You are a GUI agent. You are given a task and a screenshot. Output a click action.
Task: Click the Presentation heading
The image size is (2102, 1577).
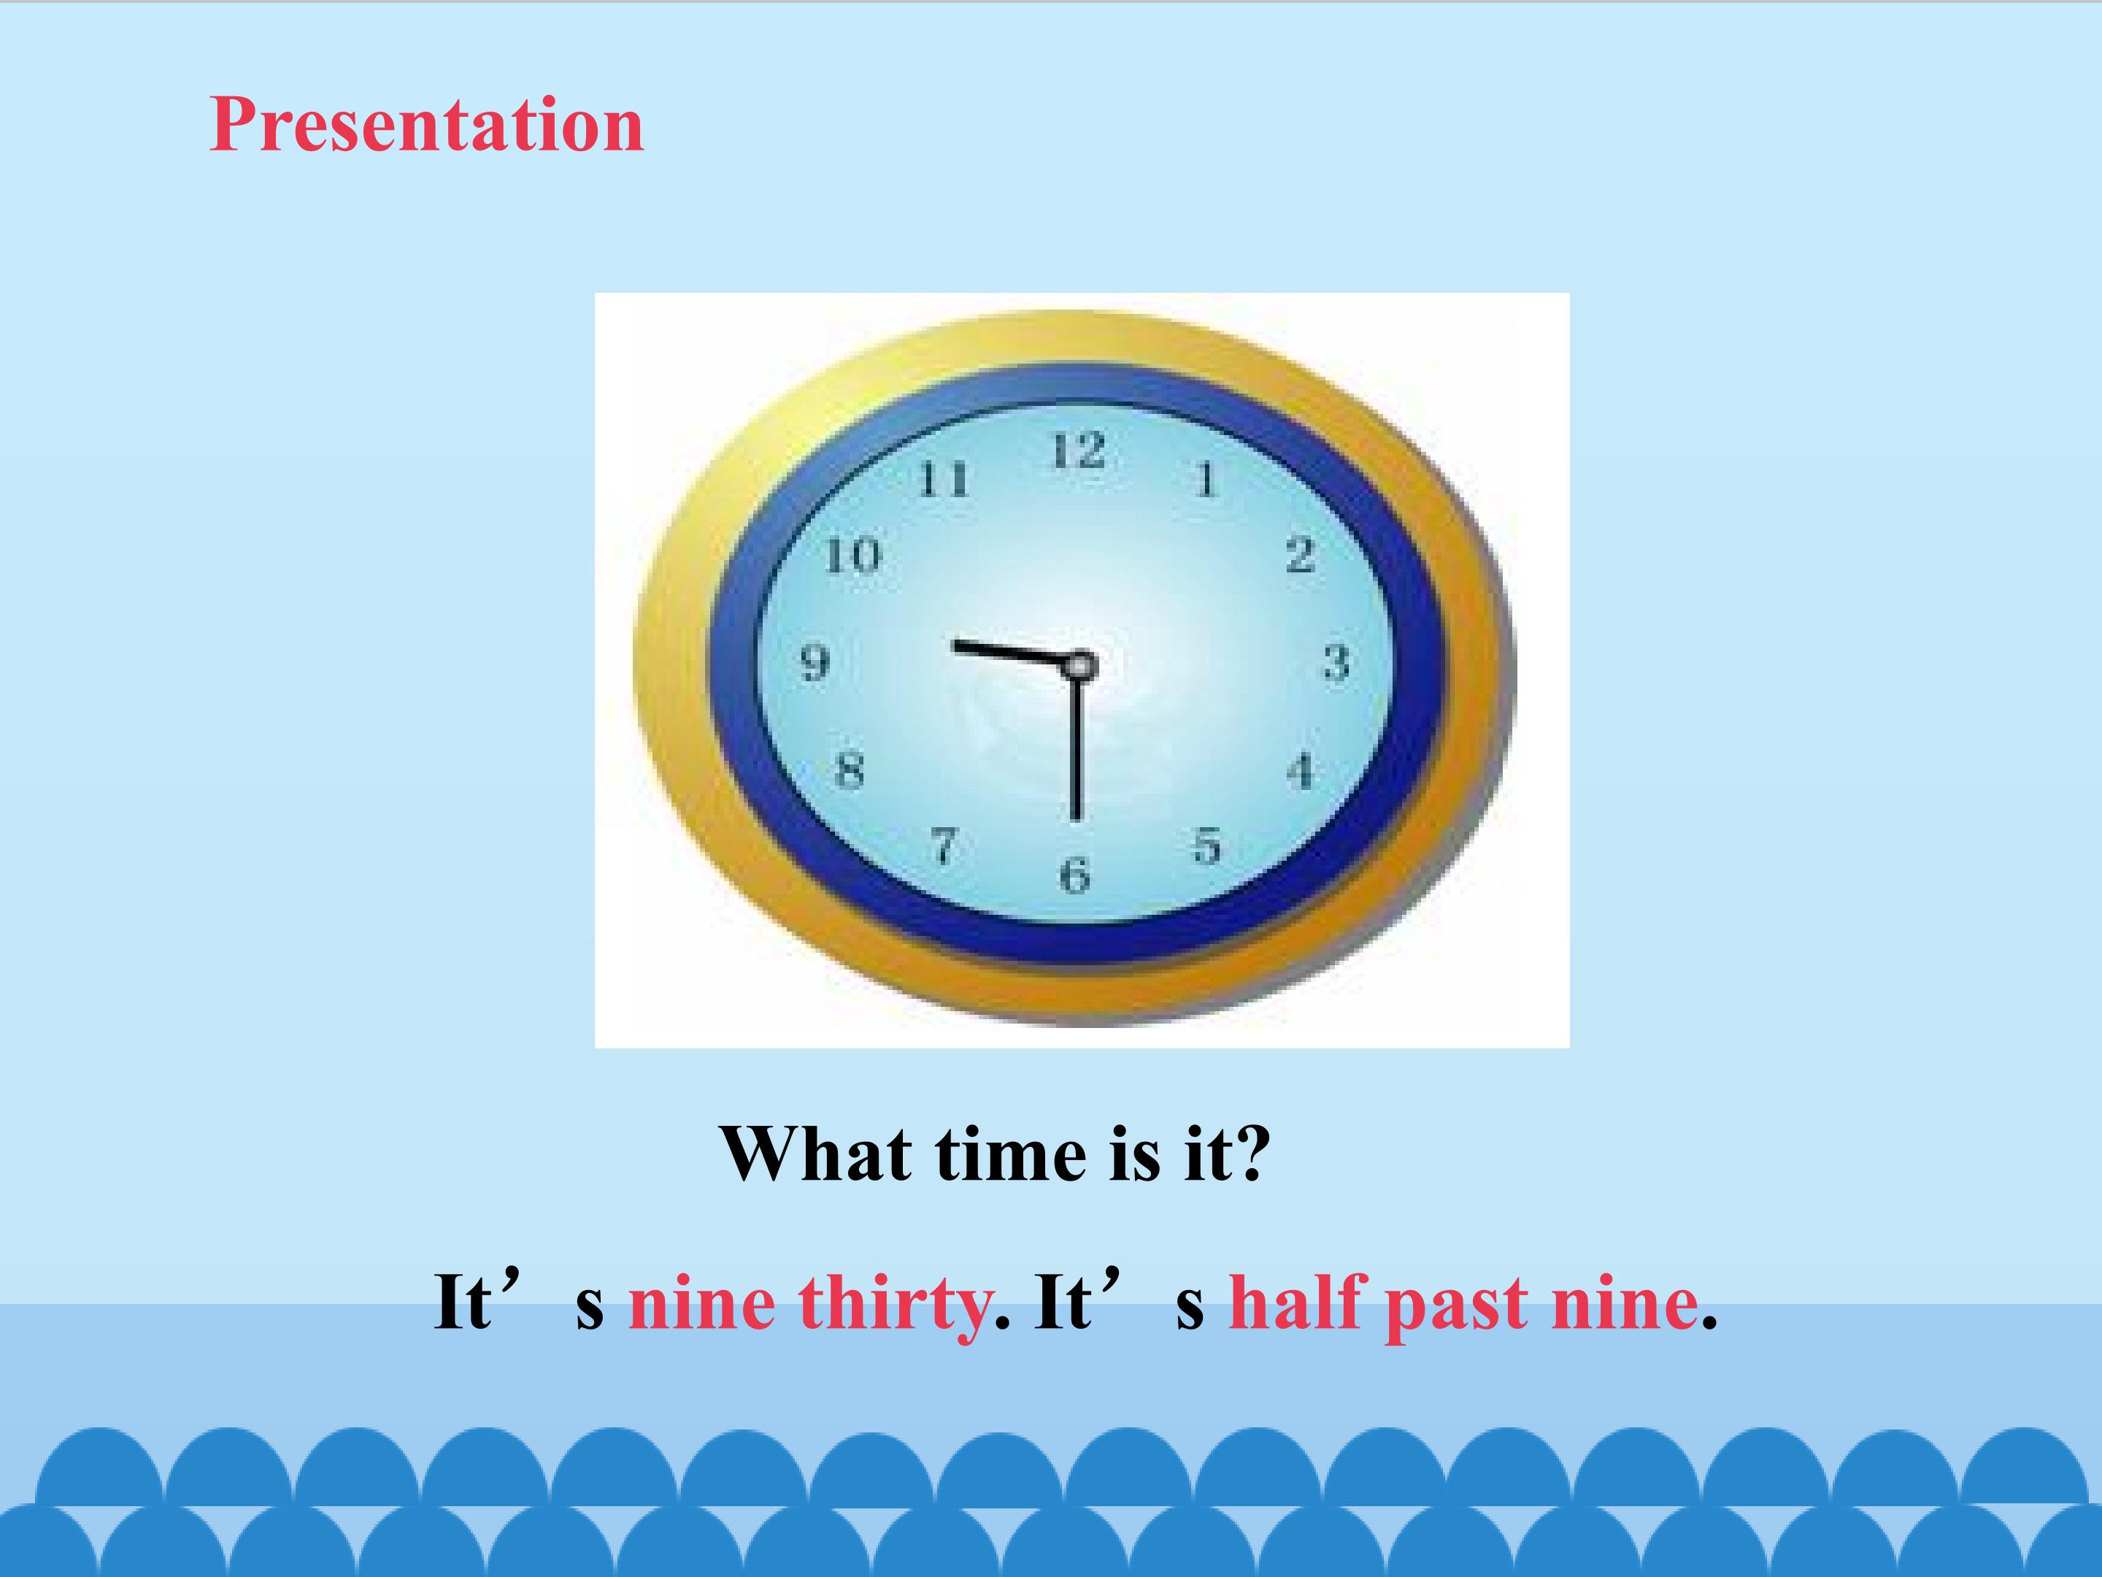(x=427, y=126)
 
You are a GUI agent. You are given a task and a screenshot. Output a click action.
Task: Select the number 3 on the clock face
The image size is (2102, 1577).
(x=1336, y=662)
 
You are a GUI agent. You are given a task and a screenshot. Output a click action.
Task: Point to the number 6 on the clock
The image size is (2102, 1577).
(x=1075, y=875)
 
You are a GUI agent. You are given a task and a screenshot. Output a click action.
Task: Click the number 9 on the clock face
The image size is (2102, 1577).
(x=815, y=662)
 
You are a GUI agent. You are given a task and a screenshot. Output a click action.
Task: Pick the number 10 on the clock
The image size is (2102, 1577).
(x=853, y=555)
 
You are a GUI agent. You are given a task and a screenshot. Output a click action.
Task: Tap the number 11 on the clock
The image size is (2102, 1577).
(x=944, y=479)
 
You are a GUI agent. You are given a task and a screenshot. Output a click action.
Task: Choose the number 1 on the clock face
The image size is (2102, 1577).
(x=1206, y=479)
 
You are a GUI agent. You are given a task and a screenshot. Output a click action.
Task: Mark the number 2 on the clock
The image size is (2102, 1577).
(x=1301, y=555)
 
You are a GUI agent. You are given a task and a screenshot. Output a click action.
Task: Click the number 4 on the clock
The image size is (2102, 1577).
(x=1301, y=770)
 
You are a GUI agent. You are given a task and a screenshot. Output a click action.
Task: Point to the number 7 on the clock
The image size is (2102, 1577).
(x=944, y=845)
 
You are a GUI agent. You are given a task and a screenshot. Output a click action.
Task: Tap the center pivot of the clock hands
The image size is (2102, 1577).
(x=1079, y=665)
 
